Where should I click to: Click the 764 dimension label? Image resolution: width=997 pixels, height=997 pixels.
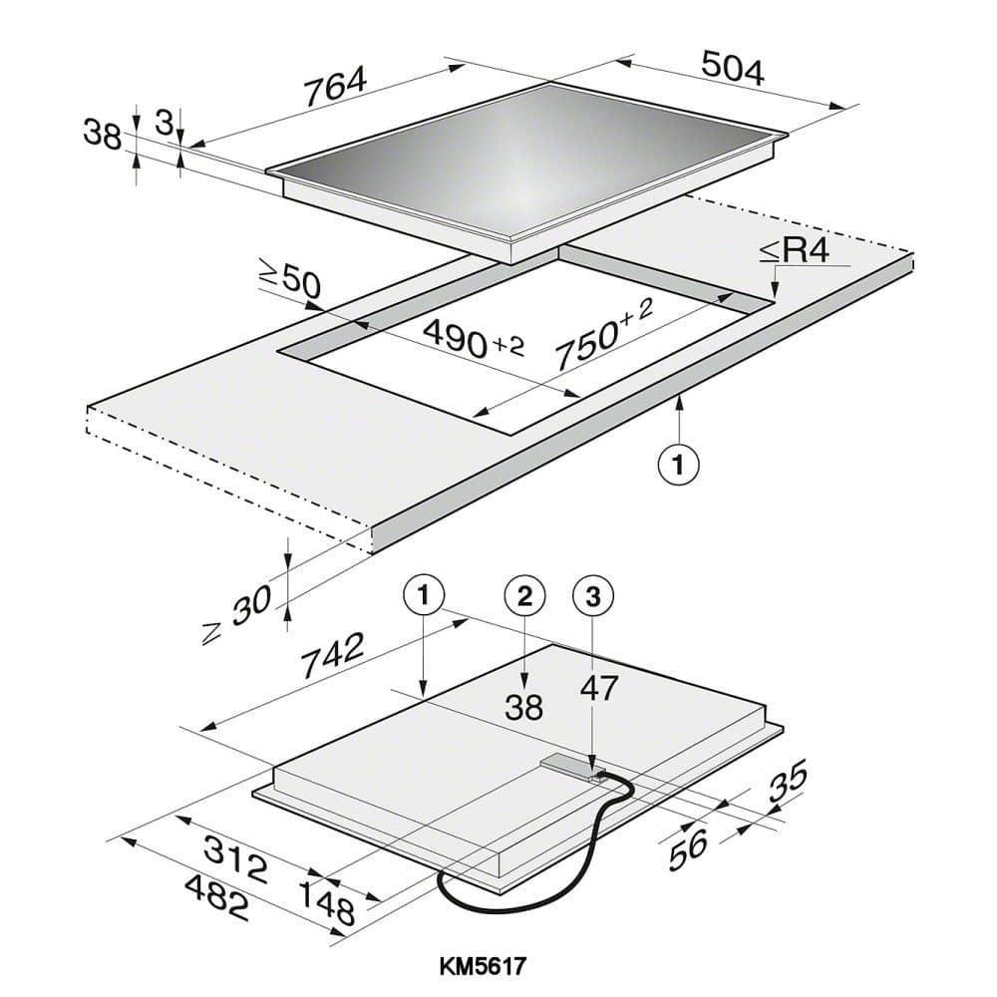(335, 85)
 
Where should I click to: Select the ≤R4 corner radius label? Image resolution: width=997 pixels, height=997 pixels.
(795, 250)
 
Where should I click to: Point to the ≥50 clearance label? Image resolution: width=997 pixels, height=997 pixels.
(289, 280)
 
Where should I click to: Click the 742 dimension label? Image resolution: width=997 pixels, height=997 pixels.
(332, 655)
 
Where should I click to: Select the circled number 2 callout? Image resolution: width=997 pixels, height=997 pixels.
(524, 596)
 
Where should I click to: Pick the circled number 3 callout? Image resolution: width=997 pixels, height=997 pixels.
(593, 596)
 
